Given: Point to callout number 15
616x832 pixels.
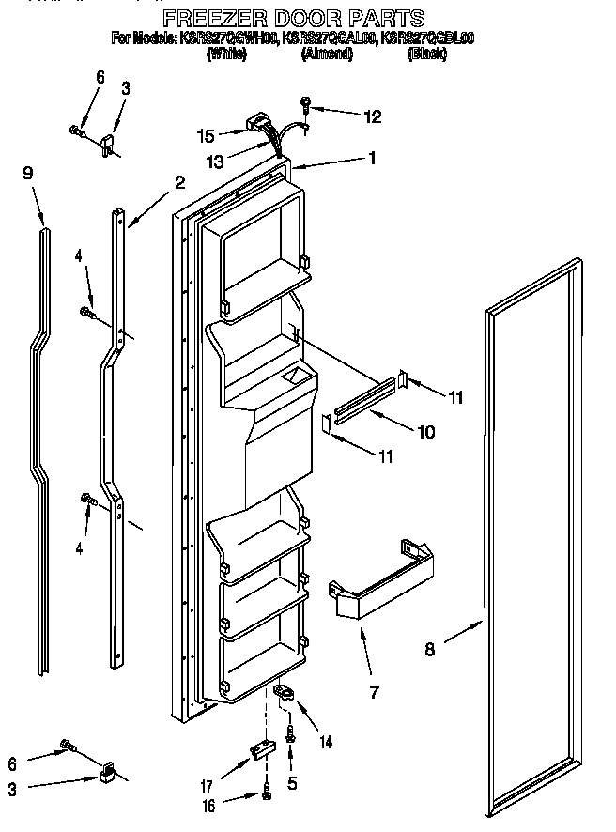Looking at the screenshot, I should pos(207,135).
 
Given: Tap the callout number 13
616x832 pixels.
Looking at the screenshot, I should pos(215,162).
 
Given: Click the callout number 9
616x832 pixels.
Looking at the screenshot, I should pos(27,173).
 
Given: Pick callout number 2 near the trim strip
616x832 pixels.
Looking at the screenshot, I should pos(179,182).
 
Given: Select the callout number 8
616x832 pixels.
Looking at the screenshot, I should pos(429,647).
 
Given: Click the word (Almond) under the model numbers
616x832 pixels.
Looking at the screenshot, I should pos(327,54).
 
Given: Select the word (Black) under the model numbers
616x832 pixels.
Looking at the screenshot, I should pos(427,54).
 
